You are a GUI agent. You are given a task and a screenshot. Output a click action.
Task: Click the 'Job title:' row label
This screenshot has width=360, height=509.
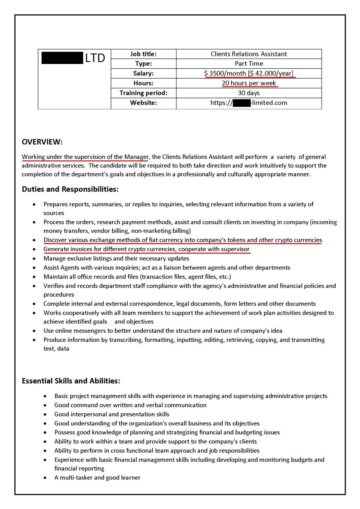pos(143,54)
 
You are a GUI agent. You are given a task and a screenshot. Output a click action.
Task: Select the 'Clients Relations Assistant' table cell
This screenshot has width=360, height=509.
pos(249,54)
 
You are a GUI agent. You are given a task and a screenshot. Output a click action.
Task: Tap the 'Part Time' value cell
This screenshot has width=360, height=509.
pos(249,64)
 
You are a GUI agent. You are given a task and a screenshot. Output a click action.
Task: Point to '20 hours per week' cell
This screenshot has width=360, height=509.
pos(249,83)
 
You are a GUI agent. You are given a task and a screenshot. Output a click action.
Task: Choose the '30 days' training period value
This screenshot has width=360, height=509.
pos(249,93)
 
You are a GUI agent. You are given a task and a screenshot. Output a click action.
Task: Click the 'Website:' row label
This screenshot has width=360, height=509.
pos(143,103)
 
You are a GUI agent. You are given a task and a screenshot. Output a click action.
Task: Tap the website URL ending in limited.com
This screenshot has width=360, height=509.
pos(249,103)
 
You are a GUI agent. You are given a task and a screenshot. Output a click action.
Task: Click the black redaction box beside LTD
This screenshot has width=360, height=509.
pos(62,58)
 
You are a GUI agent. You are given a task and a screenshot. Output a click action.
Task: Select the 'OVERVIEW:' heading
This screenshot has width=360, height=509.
pos(42,142)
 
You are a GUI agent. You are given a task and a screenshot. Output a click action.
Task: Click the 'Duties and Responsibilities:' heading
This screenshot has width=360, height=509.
pos(70,189)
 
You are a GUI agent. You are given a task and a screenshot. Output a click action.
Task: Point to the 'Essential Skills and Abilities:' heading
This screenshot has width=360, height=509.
pos(71,381)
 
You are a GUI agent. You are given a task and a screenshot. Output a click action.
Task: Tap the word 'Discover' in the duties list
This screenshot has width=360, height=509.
pos(56,240)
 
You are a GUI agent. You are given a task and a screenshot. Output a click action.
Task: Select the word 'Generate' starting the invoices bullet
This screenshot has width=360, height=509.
pos(56,250)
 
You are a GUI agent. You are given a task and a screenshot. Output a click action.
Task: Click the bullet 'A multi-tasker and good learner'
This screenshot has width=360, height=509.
pos(97,477)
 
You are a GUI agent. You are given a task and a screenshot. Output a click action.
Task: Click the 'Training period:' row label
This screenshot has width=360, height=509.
pos(143,93)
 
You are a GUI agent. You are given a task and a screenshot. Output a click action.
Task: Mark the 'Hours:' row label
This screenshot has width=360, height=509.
pos(143,83)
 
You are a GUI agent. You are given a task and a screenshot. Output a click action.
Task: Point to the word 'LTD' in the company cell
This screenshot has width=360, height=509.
pos(95,58)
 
